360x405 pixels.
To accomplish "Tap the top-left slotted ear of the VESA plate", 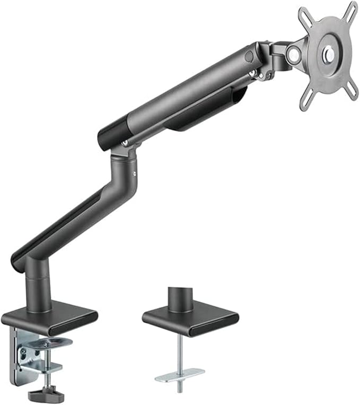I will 304,13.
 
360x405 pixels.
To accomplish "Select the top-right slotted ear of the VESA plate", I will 352,8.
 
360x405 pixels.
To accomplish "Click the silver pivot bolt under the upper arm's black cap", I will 124,143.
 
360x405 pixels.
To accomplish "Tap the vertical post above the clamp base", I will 39,289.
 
